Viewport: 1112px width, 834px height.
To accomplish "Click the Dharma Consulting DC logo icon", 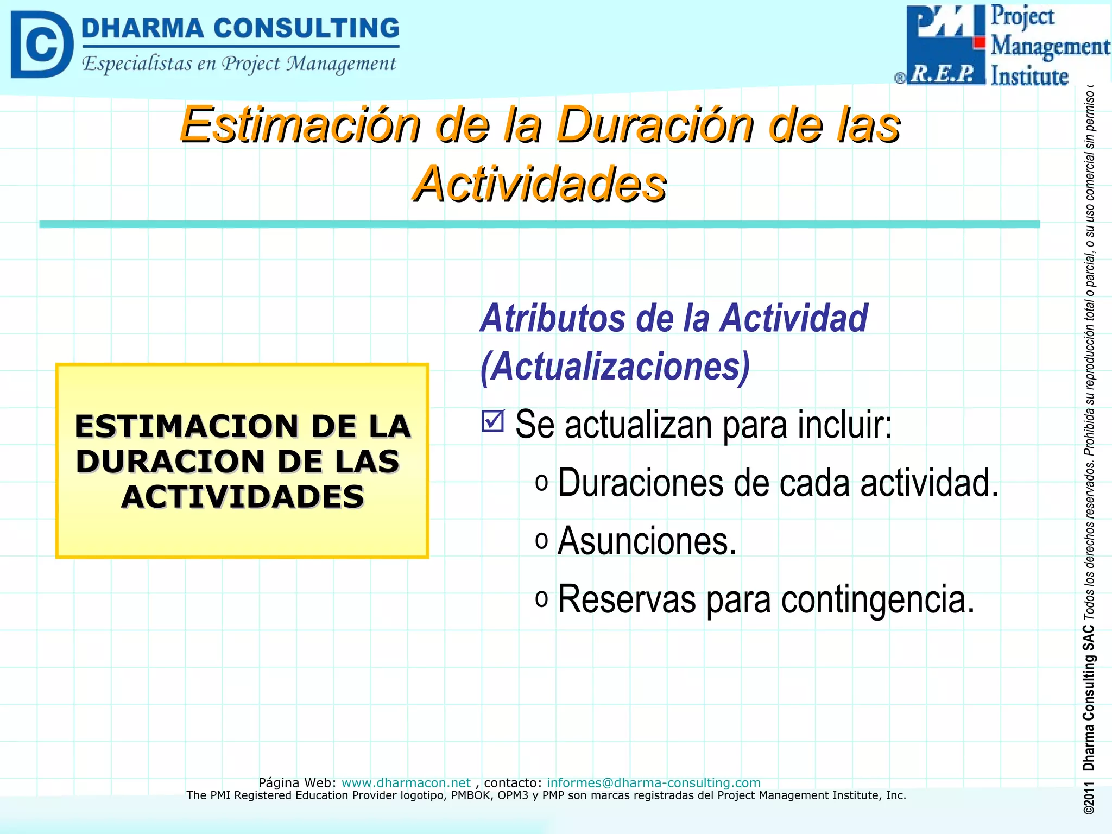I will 41,45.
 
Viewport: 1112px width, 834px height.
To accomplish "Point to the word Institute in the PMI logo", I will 1029,76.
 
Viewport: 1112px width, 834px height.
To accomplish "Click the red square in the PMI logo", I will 979,42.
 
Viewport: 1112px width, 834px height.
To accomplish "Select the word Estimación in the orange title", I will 300,125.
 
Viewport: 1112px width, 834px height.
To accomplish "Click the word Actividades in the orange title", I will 539,185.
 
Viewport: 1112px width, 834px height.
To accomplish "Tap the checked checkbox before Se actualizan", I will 493,421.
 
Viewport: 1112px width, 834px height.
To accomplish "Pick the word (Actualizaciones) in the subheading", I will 615,367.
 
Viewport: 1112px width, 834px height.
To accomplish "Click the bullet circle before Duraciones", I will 541,482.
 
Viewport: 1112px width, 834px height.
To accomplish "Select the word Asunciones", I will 647,541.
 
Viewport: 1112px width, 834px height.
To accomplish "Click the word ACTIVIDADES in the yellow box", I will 242,497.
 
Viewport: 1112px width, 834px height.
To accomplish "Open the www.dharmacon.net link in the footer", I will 406,782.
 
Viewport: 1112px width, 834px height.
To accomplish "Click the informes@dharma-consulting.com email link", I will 653,782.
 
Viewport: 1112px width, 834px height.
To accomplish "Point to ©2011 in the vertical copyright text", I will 1088,798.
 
